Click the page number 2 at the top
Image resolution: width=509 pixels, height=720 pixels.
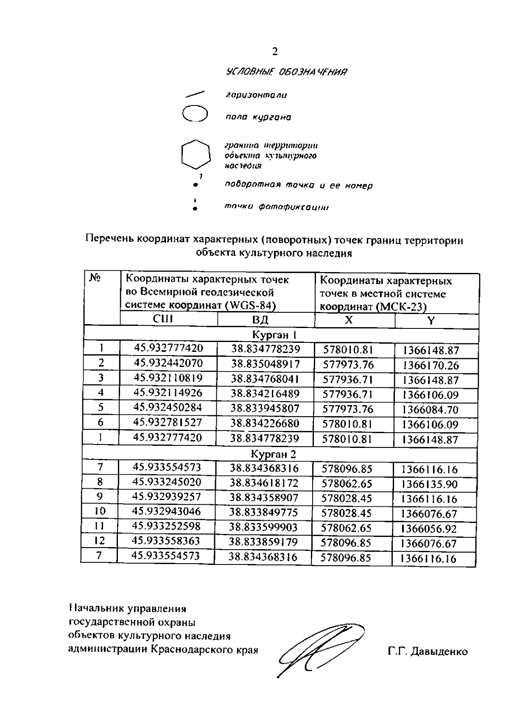click(x=275, y=52)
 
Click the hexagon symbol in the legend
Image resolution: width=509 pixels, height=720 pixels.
click(x=196, y=154)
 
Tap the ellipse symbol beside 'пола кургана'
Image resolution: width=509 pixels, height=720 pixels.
click(x=194, y=114)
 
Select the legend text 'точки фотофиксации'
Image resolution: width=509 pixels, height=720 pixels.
click(x=277, y=207)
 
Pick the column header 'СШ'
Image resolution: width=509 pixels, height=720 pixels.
click(x=163, y=319)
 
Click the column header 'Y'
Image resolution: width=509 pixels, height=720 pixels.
click(x=431, y=320)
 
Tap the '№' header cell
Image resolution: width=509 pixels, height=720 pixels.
click(x=95, y=278)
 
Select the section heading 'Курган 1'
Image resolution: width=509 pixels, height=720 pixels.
click(x=274, y=335)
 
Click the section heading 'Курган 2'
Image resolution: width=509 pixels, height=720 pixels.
click(x=274, y=454)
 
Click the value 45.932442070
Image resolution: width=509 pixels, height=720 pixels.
click(x=168, y=363)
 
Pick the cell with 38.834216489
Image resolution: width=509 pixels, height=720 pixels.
click(x=265, y=393)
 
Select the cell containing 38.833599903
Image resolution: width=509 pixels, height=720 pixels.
click(x=263, y=527)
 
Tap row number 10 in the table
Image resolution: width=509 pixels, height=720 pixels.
click(x=100, y=512)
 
